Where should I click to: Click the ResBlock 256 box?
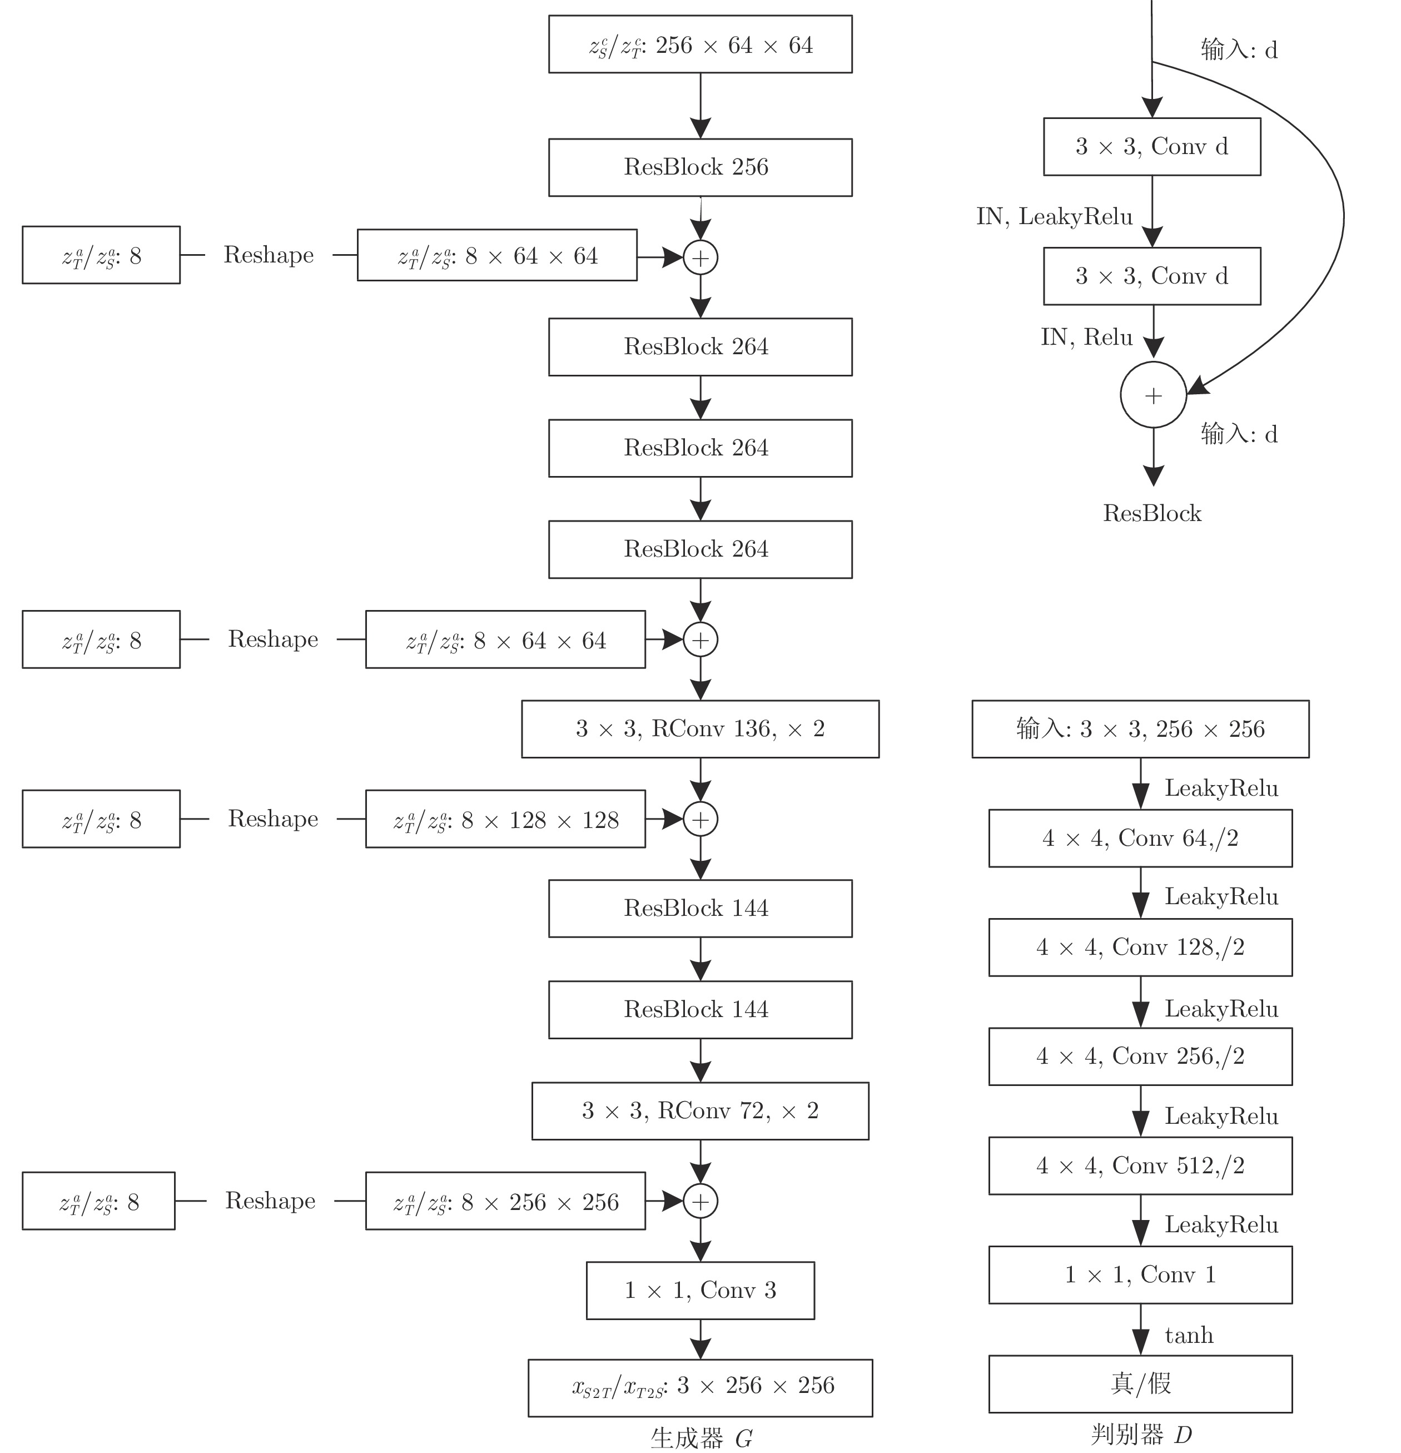700,167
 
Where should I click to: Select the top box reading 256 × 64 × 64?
700,44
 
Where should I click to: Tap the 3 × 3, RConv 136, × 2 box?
700,728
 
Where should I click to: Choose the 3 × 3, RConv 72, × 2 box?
700,1110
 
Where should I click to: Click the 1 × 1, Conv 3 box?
700,1290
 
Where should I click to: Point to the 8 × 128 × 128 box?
505,819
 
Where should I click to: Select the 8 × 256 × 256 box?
505,1201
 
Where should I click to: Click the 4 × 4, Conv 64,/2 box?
1140,837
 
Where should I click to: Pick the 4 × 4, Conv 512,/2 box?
1140,1166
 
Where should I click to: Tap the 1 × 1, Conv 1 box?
1140,1275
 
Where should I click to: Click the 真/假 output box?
1140,1383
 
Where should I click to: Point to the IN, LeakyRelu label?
1054,216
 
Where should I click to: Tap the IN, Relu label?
1087,338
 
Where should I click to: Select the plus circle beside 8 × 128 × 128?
700,819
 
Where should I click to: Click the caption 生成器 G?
701,1438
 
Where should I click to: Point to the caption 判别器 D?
1141,1435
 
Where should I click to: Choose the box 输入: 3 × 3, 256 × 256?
1140,728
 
